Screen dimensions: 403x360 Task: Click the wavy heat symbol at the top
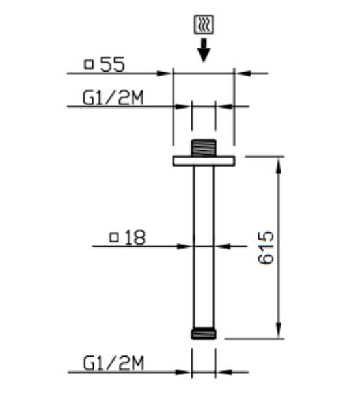point(203,25)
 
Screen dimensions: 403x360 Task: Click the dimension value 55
point(113,64)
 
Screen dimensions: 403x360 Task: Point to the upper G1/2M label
point(113,97)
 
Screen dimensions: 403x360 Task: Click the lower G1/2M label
point(113,363)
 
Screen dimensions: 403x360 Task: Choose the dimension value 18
point(134,238)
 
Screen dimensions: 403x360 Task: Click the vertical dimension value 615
point(266,247)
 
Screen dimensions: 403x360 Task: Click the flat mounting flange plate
point(203,161)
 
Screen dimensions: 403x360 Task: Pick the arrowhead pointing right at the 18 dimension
point(187,246)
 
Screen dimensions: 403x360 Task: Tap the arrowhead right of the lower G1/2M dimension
point(221,372)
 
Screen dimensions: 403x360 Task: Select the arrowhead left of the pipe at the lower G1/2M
point(186,372)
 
